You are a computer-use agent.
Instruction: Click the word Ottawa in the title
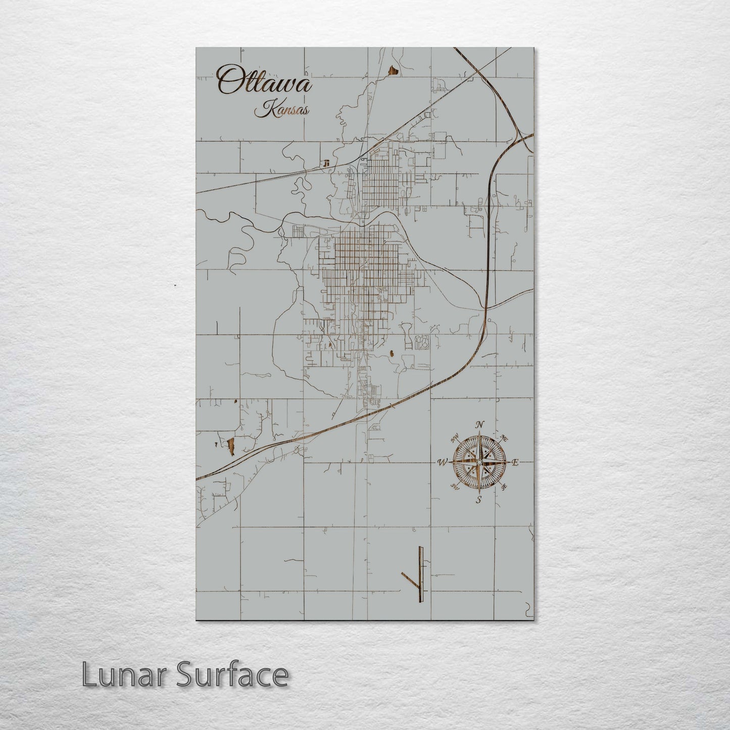click(264, 81)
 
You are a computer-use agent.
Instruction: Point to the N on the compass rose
click(480, 424)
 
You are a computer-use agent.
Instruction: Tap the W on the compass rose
click(442, 462)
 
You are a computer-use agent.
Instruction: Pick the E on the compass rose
click(515, 462)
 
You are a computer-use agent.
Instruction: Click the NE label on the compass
click(504, 437)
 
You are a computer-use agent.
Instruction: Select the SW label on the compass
click(455, 487)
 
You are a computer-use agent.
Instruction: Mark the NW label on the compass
click(455, 437)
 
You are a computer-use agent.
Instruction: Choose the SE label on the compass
click(504, 486)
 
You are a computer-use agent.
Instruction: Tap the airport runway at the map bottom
click(420, 568)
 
